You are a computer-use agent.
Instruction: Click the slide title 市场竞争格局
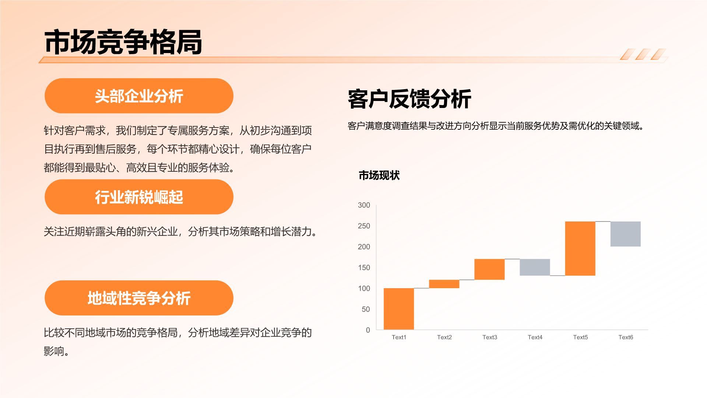pos(123,42)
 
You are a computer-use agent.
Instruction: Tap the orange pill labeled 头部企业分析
pos(139,96)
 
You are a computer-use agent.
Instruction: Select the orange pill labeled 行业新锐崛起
pos(139,197)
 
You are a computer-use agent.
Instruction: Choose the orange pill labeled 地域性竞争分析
pos(139,298)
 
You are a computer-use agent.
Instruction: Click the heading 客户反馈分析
pos(409,99)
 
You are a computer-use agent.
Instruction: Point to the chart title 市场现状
pos(379,175)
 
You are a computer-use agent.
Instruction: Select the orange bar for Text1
pos(399,309)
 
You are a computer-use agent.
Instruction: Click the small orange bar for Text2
pos(444,284)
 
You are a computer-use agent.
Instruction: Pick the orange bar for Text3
pos(489,269)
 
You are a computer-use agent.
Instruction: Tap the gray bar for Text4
pos(535,267)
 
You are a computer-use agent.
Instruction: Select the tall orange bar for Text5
pos(580,248)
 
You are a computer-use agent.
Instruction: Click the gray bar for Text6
pos(625,234)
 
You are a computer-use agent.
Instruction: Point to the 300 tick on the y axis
pos(364,205)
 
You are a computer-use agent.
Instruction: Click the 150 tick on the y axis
pos(364,268)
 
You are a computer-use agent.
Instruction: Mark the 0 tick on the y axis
pos(367,330)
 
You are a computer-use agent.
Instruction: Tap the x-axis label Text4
pos(535,337)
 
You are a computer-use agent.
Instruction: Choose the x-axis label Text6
pos(625,337)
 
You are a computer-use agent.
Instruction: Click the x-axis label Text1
pos(399,337)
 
